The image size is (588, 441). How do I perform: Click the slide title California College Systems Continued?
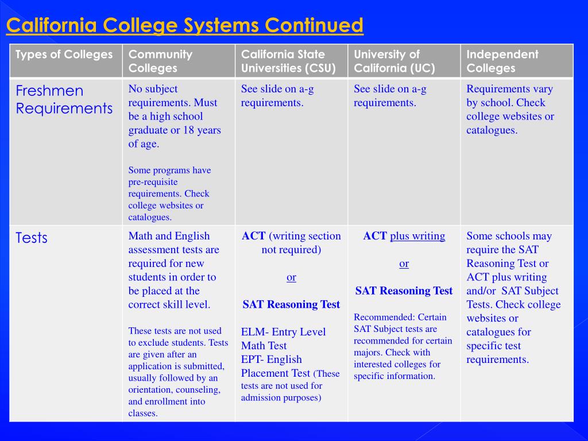click(x=184, y=26)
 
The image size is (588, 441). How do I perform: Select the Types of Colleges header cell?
click(x=64, y=55)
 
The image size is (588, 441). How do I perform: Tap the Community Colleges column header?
click(x=160, y=61)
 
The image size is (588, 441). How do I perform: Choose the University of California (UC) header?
click(x=394, y=61)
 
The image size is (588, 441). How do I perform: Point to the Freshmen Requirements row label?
click(x=64, y=99)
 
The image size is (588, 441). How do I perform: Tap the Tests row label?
click(x=32, y=238)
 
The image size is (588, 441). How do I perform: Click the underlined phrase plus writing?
click(x=417, y=236)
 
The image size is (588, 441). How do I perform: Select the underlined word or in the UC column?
click(x=404, y=264)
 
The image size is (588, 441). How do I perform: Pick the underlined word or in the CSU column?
click(x=291, y=277)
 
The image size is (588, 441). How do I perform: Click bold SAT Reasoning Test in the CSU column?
click(x=291, y=305)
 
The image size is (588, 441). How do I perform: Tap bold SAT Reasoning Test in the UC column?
click(x=404, y=291)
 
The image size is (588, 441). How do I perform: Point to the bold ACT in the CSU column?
click(x=253, y=236)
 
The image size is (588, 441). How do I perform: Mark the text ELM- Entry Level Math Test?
click(x=283, y=339)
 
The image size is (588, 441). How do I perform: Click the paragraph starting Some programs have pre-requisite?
click(x=169, y=194)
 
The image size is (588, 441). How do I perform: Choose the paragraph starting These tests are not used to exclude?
click(x=177, y=372)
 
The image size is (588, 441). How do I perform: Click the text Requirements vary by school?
click(x=510, y=96)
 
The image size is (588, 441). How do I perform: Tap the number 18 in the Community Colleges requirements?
click(x=189, y=130)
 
